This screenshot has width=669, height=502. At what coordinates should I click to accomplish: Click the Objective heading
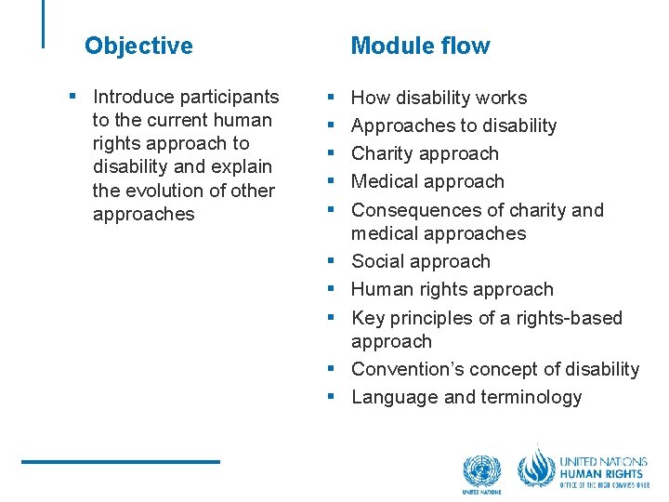click(138, 46)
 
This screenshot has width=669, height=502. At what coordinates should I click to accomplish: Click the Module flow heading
click(420, 46)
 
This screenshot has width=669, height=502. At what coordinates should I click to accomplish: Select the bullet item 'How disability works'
click(439, 98)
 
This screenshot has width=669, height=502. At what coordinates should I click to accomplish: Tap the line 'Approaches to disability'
click(453, 125)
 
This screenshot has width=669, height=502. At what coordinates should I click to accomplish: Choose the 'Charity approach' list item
click(425, 153)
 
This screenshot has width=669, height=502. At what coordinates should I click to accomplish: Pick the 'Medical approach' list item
click(427, 181)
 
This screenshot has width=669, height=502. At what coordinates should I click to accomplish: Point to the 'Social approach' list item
click(420, 261)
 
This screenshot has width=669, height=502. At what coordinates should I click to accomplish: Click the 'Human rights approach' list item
click(452, 289)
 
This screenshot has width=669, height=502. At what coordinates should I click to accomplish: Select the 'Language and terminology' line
click(466, 397)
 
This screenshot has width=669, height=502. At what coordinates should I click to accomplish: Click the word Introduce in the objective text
click(133, 97)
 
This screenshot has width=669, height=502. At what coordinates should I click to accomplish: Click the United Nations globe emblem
click(481, 471)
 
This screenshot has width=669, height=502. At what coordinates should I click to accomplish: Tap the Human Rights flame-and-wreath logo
click(536, 468)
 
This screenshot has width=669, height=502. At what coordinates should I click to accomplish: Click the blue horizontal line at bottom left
click(121, 461)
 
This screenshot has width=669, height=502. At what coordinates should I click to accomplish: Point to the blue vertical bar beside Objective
click(43, 23)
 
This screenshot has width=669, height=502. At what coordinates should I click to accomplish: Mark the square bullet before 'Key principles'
click(330, 318)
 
